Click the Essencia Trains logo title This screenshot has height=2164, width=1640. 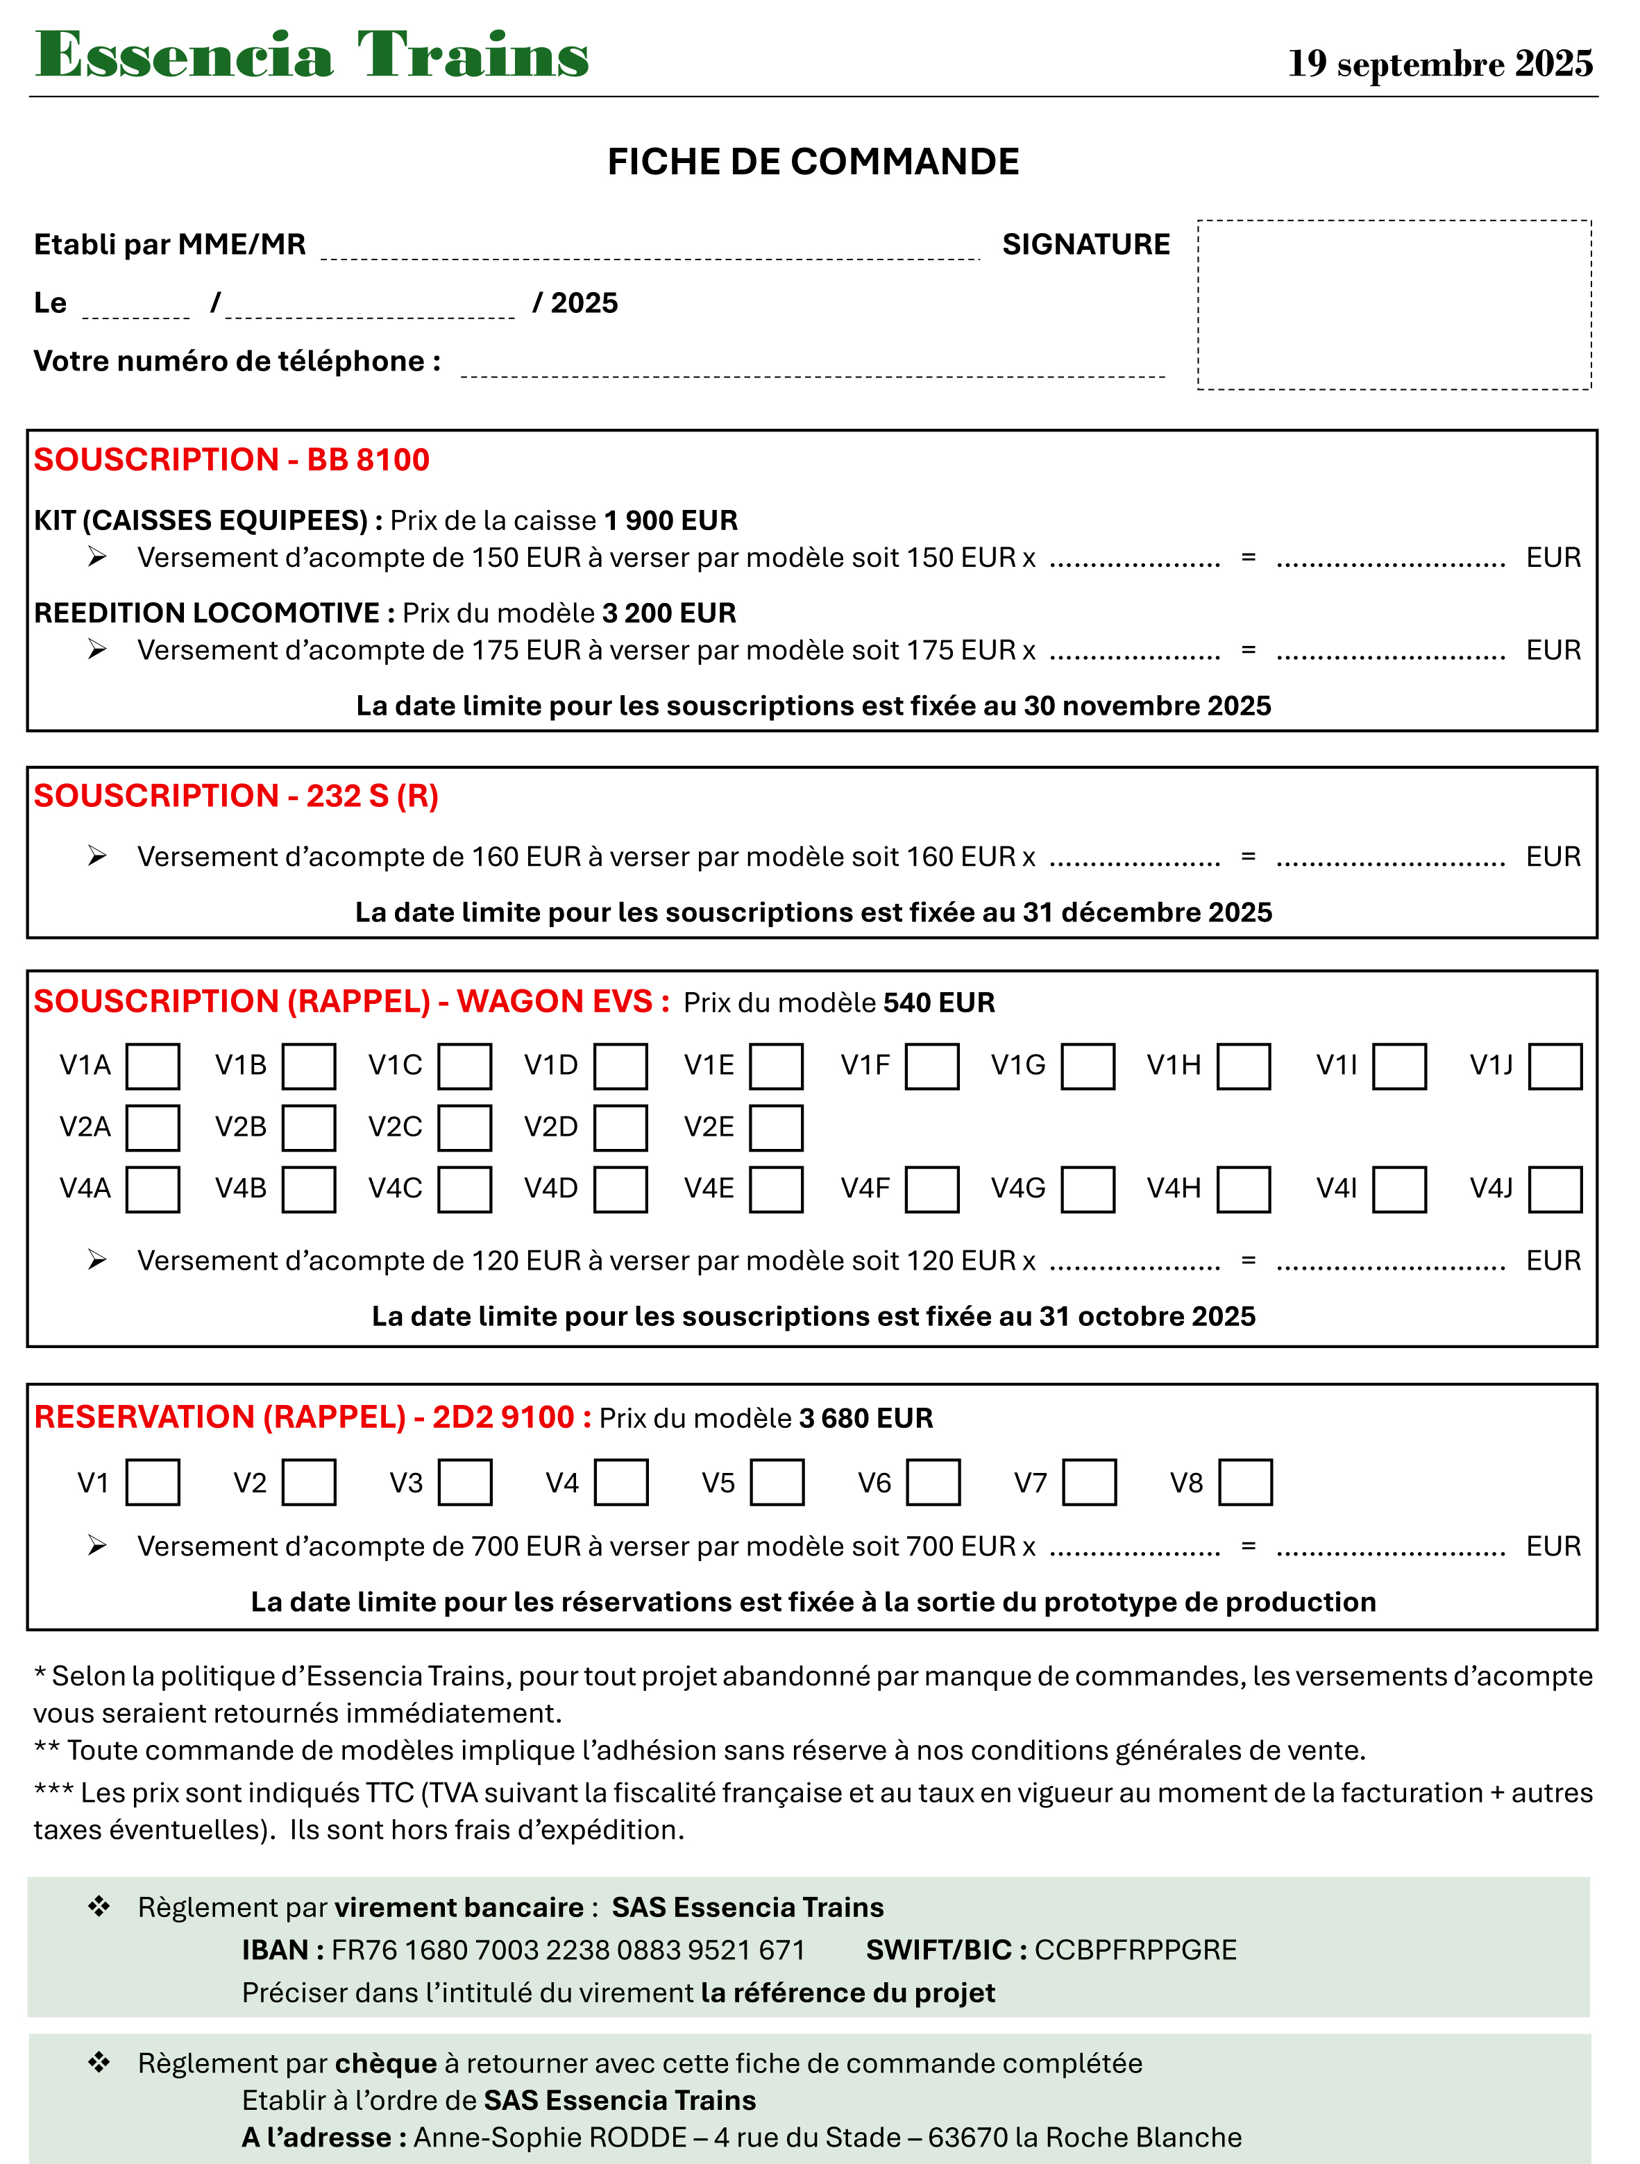tap(311, 55)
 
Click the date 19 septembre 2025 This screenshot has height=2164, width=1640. tap(1439, 64)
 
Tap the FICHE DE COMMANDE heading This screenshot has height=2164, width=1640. tap(813, 162)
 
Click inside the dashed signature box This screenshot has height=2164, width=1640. tap(1394, 305)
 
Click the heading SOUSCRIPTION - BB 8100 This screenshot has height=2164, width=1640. tap(232, 460)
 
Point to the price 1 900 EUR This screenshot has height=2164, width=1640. tap(670, 520)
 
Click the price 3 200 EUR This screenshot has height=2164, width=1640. tap(669, 613)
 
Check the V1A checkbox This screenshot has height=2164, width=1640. tap(153, 1066)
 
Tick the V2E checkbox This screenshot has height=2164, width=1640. tap(776, 1128)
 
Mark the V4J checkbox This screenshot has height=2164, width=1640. tap(1555, 1190)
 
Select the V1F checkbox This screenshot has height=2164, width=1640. tap(931, 1066)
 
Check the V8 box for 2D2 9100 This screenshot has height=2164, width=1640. tap(1244, 1483)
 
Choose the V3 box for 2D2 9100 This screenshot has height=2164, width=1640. tap(465, 1483)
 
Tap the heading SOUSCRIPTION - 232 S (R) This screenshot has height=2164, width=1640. tap(236, 796)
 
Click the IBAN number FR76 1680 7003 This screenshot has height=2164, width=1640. tap(568, 1950)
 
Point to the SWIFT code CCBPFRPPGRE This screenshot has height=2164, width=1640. tap(1135, 1950)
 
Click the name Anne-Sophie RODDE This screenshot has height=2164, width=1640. tap(550, 2138)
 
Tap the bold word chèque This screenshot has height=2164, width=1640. tap(386, 2063)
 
